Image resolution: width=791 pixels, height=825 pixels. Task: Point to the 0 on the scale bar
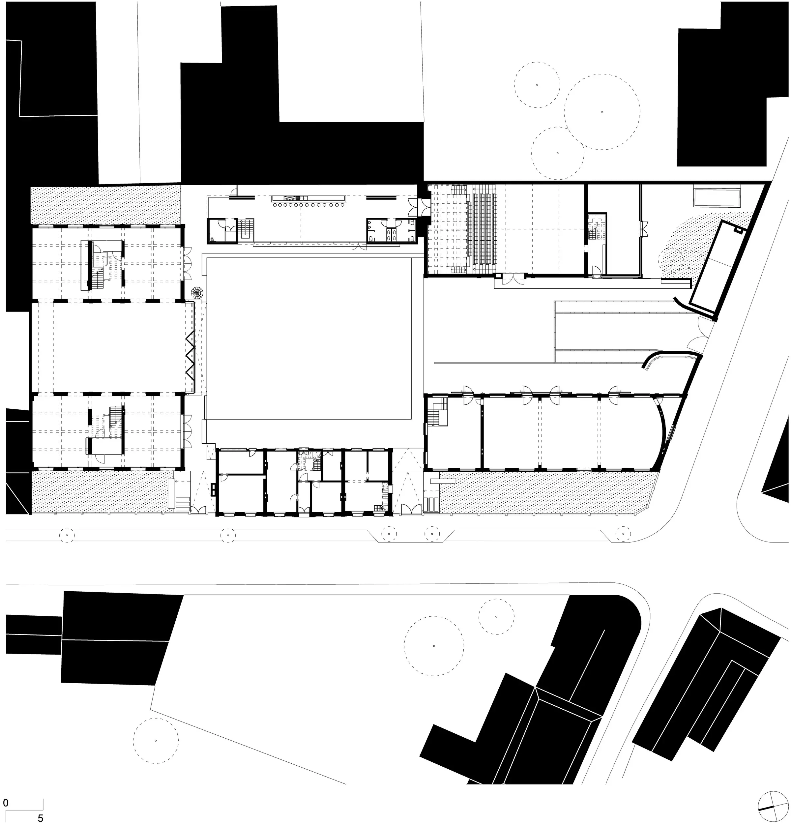pos(6,803)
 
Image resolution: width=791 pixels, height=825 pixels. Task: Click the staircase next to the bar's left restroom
pos(246,230)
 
